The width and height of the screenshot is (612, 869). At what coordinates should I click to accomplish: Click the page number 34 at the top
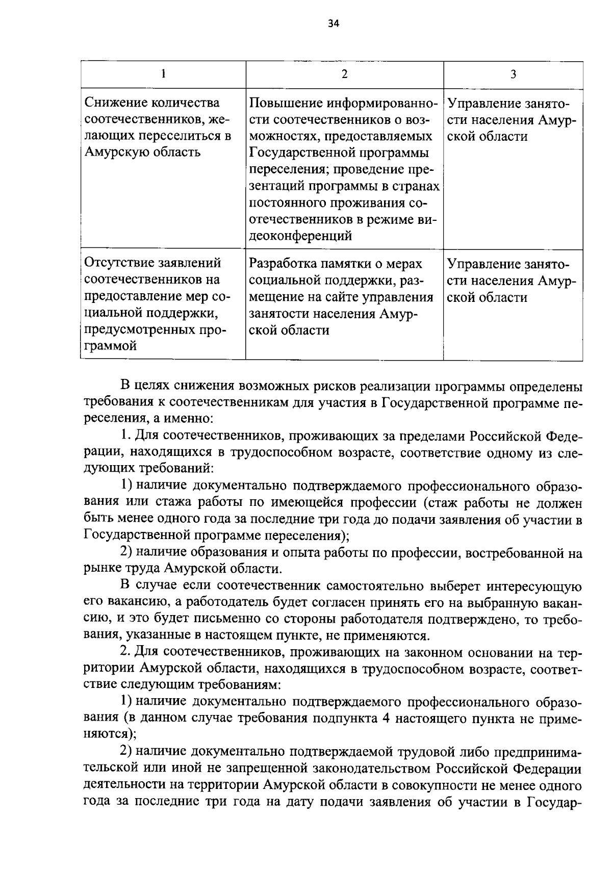pyautogui.click(x=334, y=24)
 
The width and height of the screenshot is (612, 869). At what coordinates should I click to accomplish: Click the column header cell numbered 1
pyautogui.click(x=163, y=74)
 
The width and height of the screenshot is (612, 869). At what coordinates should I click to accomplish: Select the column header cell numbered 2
pyautogui.click(x=344, y=74)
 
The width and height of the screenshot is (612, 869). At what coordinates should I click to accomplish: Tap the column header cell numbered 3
pyautogui.click(x=513, y=74)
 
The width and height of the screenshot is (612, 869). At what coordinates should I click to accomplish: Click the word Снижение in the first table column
pyautogui.click(x=115, y=104)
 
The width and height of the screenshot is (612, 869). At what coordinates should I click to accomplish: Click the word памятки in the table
pyautogui.click(x=353, y=264)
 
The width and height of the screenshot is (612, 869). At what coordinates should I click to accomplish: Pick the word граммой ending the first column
pyautogui.click(x=110, y=346)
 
